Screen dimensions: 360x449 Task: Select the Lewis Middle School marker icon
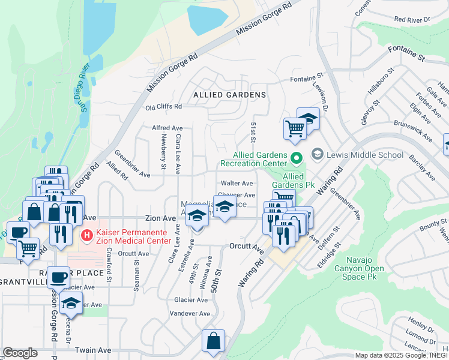[x=318, y=154]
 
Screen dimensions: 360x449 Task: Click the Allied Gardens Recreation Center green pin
[x=296, y=158]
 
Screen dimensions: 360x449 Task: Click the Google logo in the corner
[x=20, y=353]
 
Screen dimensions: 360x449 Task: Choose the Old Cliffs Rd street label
[x=163, y=107]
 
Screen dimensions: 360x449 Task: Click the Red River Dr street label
[x=412, y=20]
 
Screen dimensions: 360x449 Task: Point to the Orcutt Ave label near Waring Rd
[x=246, y=247]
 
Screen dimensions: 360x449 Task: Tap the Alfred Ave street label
[x=167, y=128]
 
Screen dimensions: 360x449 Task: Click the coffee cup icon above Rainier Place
[x=59, y=278]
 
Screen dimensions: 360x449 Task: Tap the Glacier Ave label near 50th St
[x=190, y=299]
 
